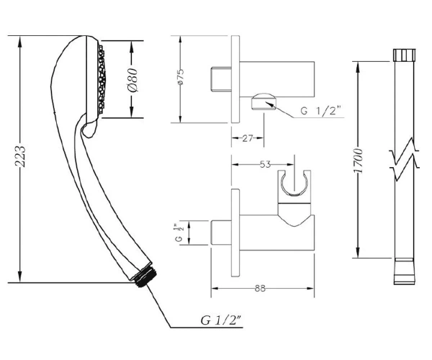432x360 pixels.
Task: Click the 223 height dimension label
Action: click(20, 156)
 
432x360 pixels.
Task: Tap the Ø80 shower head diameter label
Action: click(132, 80)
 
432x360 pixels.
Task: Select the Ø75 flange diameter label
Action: click(181, 78)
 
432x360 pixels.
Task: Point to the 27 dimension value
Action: click(248, 138)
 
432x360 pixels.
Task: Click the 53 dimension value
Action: click(266, 164)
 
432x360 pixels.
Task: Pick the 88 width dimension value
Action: click(260, 288)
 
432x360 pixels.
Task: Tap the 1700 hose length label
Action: click(359, 161)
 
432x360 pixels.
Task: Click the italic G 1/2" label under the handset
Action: click(221, 320)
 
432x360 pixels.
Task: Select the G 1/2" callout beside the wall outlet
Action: click(320, 111)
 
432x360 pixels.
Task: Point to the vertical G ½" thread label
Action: click(179, 233)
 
